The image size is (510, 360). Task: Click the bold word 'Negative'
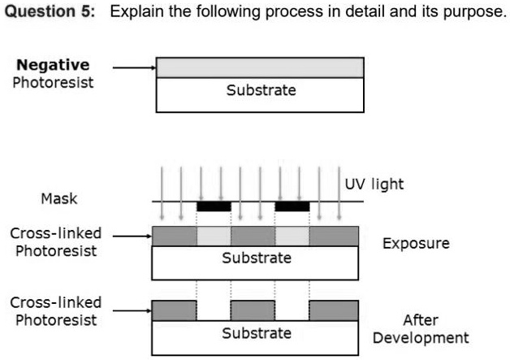[x=54, y=65]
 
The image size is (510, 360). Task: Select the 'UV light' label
[x=374, y=184]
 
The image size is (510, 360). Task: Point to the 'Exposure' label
[x=416, y=243]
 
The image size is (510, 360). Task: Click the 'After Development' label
[x=421, y=329]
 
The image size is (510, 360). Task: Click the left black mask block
[x=214, y=206]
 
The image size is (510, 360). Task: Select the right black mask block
[x=292, y=206]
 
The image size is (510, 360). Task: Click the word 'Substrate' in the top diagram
[x=261, y=89]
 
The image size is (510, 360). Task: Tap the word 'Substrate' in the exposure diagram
[x=257, y=258]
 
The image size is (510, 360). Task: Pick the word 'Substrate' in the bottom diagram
[x=257, y=333]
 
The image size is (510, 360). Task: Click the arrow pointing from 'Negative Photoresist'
[x=133, y=68]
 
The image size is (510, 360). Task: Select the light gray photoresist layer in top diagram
[x=260, y=67]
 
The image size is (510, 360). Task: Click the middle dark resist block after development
[x=253, y=310]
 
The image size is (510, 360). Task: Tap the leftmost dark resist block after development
[x=174, y=310]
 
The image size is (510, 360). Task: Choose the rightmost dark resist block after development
[x=333, y=310]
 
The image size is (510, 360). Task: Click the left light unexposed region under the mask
[x=214, y=236]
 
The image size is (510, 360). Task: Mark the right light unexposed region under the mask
[x=292, y=236]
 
